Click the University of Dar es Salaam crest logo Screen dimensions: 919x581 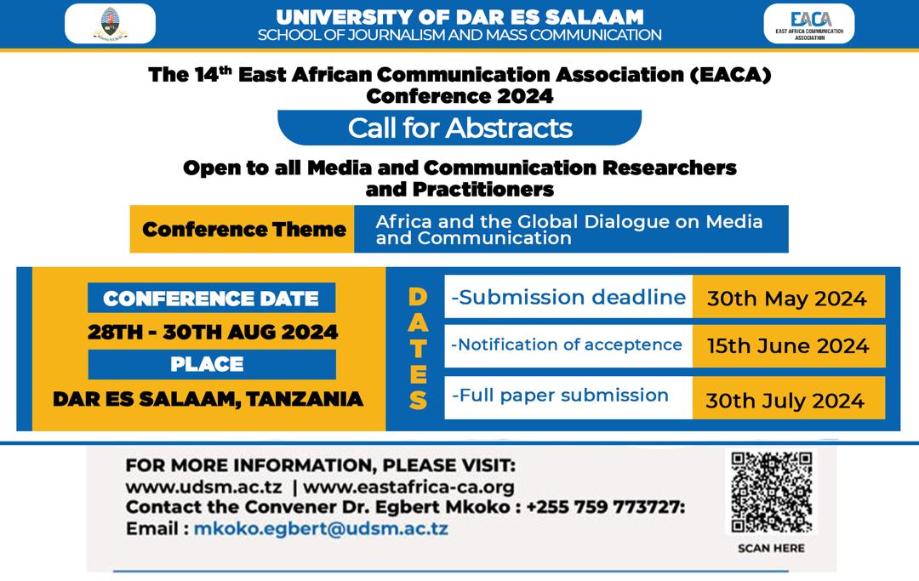(x=110, y=24)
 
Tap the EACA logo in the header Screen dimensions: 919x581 (x=809, y=24)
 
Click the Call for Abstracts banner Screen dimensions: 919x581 (x=459, y=128)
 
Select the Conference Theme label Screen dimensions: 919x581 (x=243, y=229)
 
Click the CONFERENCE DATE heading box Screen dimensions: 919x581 (x=212, y=298)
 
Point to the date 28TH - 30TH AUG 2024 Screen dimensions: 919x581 (x=213, y=332)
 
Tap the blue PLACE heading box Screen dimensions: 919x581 (x=212, y=364)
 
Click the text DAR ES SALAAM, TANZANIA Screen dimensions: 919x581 (x=208, y=399)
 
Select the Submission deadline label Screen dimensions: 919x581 (x=568, y=297)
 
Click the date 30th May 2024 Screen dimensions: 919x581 (x=786, y=299)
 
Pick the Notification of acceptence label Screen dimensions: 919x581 (x=566, y=345)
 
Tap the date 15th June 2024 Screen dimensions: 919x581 (x=788, y=345)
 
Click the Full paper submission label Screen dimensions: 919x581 (x=560, y=396)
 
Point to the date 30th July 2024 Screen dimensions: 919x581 (x=785, y=401)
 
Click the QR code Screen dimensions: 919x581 (x=771, y=493)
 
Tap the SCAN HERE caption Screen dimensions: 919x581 (x=771, y=548)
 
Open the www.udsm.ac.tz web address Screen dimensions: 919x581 (x=204, y=487)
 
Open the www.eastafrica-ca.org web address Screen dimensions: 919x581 (x=408, y=487)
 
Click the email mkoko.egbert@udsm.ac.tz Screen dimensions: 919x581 (x=321, y=528)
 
